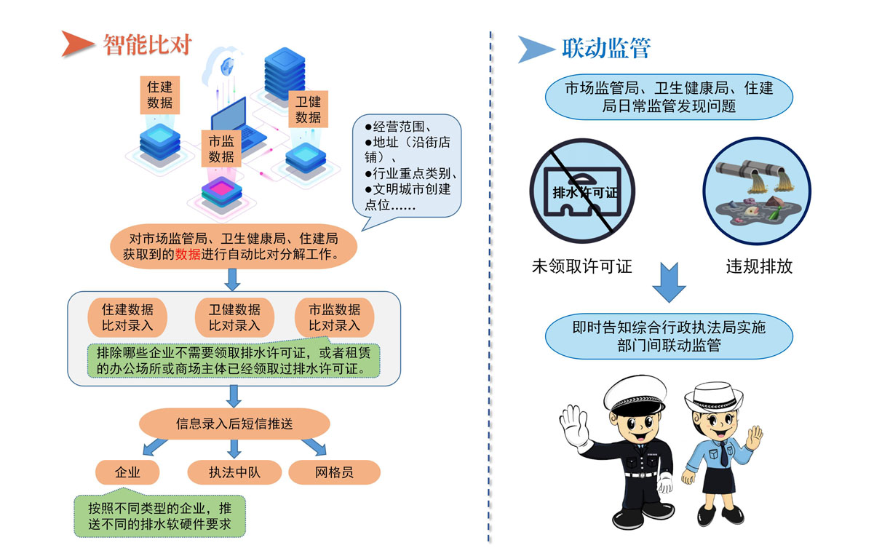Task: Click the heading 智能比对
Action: [x=147, y=45]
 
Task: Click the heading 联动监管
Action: [x=605, y=48]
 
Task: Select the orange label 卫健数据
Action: [x=308, y=109]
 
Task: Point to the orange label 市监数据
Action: [x=221, y=149]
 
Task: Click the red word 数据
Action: [x=188, y=255]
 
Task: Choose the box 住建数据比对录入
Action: [x=127, y=317]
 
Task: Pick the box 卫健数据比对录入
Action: [x=234, y=317]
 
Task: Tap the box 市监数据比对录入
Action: [x=334, y=317]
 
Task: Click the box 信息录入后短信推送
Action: [x=234, y=423]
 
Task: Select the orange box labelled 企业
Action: [x=127, y=472]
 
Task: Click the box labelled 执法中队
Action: [x=234, y=472]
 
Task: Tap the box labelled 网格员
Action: [x=334, y=472]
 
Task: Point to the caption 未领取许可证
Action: [x=581, y=266]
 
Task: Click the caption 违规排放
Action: [x=759, y=266]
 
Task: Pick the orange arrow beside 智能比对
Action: [x=77, y=44]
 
